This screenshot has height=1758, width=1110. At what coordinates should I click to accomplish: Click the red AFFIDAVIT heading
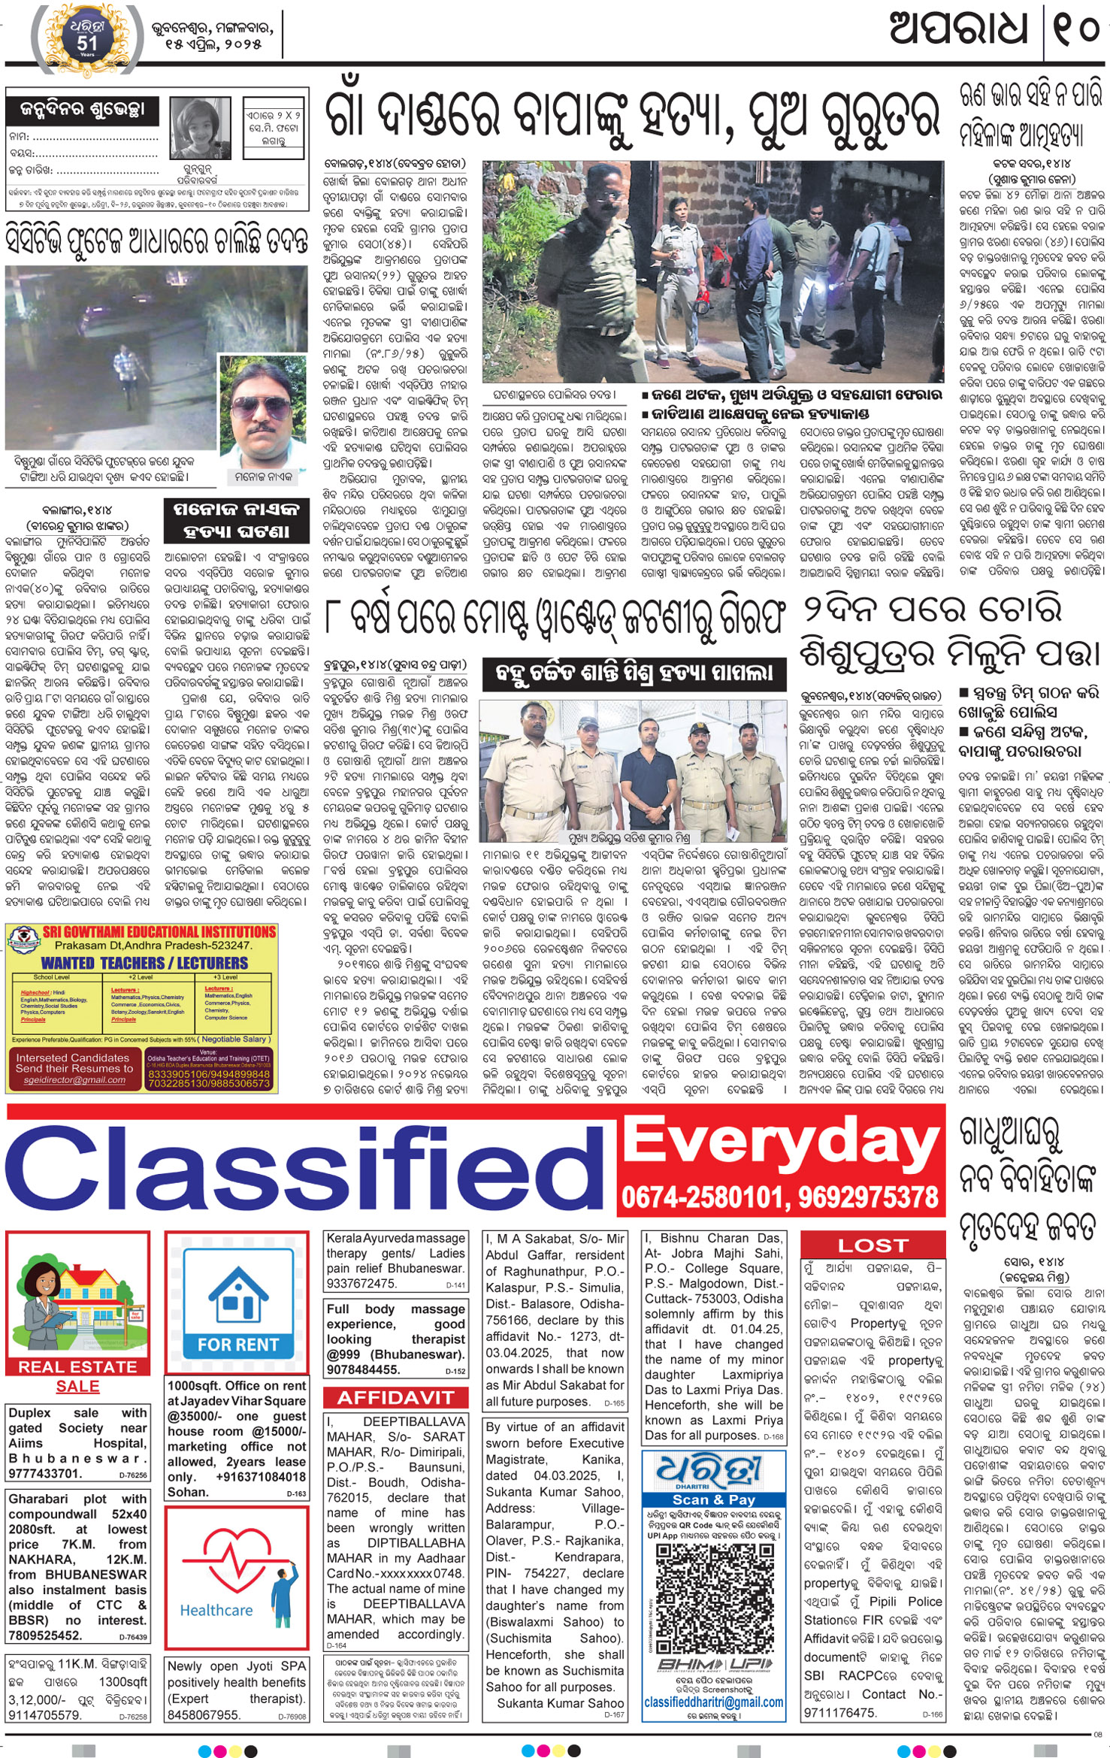click(x=395, y=1397)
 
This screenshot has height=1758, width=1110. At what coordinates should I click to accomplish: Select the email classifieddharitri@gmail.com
click(x=713, y=1702)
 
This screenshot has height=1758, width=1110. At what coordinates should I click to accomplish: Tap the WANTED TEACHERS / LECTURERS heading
click(x=144, y=963)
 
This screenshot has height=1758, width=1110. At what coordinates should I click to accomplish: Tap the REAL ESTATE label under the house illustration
click(x=77, y=1366)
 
